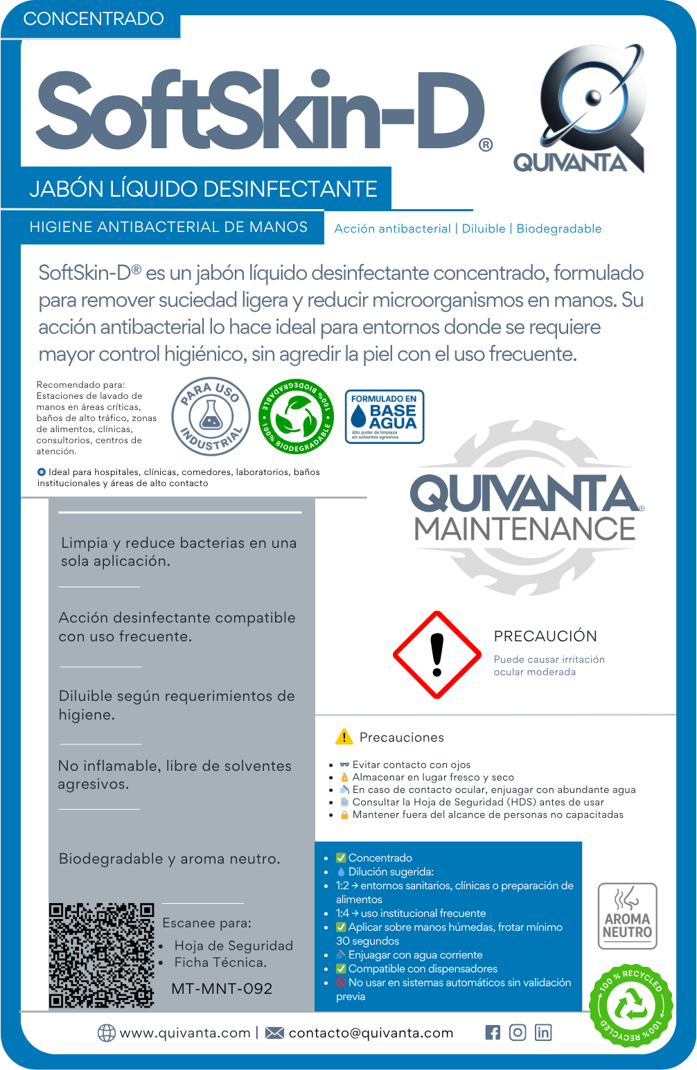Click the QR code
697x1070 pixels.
coord(101,955)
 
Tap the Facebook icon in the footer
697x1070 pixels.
coord(493,1033)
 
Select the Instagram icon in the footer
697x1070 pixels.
coord(518,1033)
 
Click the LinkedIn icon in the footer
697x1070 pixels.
coord(543,1033)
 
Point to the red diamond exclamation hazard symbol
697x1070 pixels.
coord(436,655)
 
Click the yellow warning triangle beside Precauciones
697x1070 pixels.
coord(344,737)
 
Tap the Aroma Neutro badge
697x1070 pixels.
coord(627,916)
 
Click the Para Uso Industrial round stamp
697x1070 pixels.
coord(211,417)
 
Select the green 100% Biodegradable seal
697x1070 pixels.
coord(296,417)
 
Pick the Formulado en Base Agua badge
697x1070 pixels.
coord(384,417)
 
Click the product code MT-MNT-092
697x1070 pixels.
coord(222,989)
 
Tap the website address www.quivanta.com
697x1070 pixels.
coord(185,1033)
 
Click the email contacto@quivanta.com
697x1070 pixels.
coord(371,1033)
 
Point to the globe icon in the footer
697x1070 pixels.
coord(107,1033)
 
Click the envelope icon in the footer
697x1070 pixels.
coord(274,1033)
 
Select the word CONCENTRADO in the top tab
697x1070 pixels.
coord(94,19)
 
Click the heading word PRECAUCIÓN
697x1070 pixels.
coord(545,636)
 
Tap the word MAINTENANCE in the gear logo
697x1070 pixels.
coord(524,529)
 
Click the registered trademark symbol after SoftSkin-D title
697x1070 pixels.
coord(486,145)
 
